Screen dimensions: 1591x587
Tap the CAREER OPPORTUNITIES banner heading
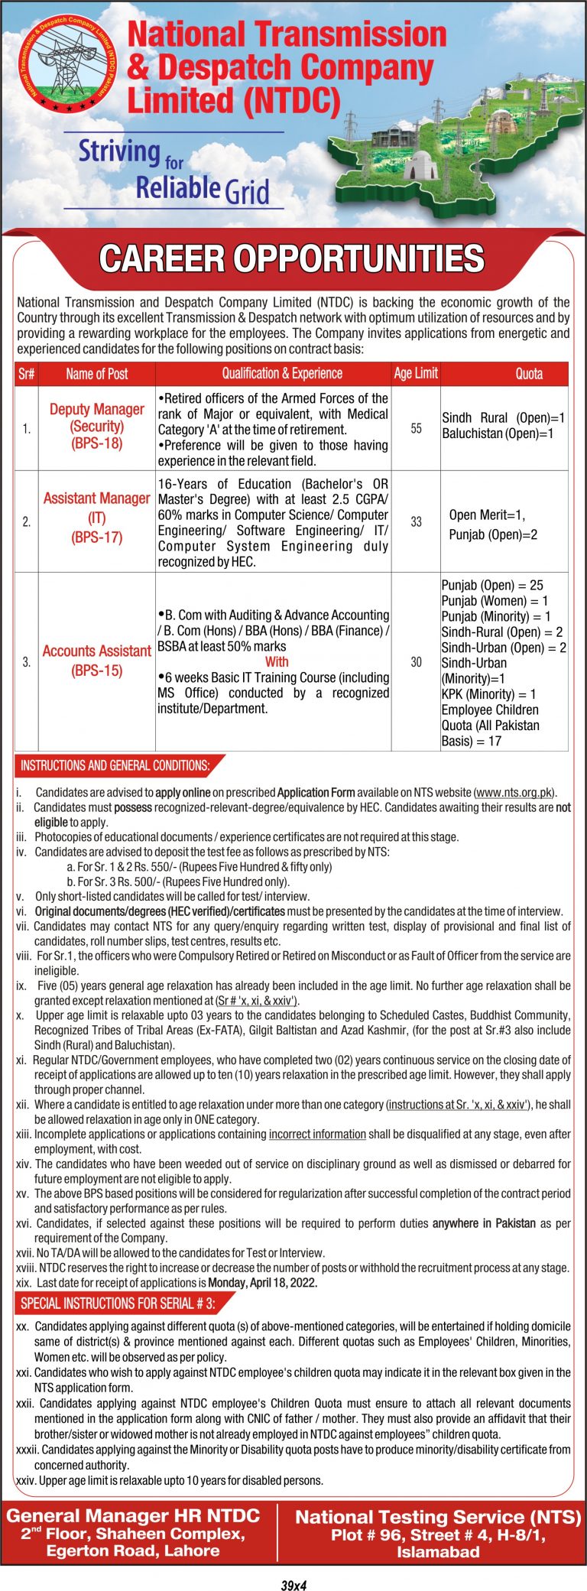292,259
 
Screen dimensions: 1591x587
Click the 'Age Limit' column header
416,373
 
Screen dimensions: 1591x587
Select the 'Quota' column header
529,373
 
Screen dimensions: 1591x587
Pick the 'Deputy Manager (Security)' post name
97,426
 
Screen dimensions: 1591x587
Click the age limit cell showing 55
416,429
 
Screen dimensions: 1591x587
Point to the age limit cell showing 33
416,521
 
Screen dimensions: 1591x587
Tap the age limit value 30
416,661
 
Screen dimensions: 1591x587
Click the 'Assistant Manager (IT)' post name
97,518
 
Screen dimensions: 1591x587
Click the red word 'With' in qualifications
277,661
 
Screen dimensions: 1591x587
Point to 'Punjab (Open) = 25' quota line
492,585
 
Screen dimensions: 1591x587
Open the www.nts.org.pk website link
514,792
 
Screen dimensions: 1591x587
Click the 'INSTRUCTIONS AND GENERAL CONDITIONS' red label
115,765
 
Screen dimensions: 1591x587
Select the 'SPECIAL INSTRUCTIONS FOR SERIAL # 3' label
118,1303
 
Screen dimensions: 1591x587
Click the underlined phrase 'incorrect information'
317,1134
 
